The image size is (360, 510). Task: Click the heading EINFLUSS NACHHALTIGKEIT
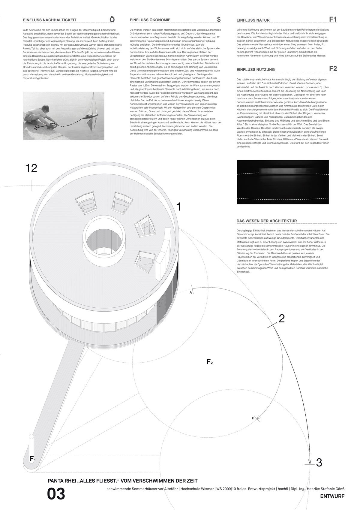[x=49, y=20]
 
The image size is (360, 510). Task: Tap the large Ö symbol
[x=112, y=19]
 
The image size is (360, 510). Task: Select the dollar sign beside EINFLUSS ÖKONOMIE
[x=219, y=19]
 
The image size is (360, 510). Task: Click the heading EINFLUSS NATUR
[x=253, y=20]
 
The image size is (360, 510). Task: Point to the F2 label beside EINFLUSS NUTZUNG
[x=333, y=68]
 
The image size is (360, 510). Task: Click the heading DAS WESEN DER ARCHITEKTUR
[x=267, y=221]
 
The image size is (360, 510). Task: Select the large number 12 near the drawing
[x=31, y=168]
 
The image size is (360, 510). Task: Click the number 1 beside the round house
[x=178, y=207]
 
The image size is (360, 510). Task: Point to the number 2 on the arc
[x=281, y=318]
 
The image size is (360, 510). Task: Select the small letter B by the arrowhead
[x=253, y=418]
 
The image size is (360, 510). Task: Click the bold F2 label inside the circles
[x=210, y=362]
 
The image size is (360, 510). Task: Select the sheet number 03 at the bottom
[x=56, y=494]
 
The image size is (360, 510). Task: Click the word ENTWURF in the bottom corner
[x=332, y=496]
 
